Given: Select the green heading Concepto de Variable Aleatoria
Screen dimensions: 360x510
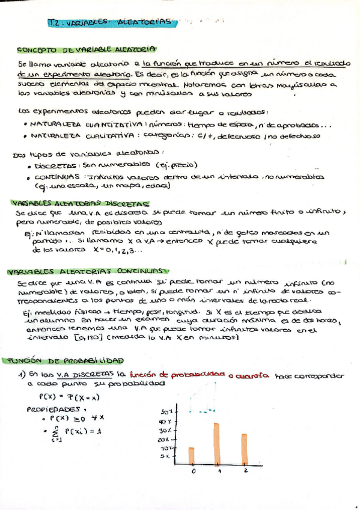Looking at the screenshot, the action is (87, 49).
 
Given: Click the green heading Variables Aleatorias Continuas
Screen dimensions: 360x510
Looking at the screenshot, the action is (87, 272).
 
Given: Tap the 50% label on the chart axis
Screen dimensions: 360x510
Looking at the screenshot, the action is (166, 412).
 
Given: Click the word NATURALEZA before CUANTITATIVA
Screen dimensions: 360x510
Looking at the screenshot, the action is (55, 124).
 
